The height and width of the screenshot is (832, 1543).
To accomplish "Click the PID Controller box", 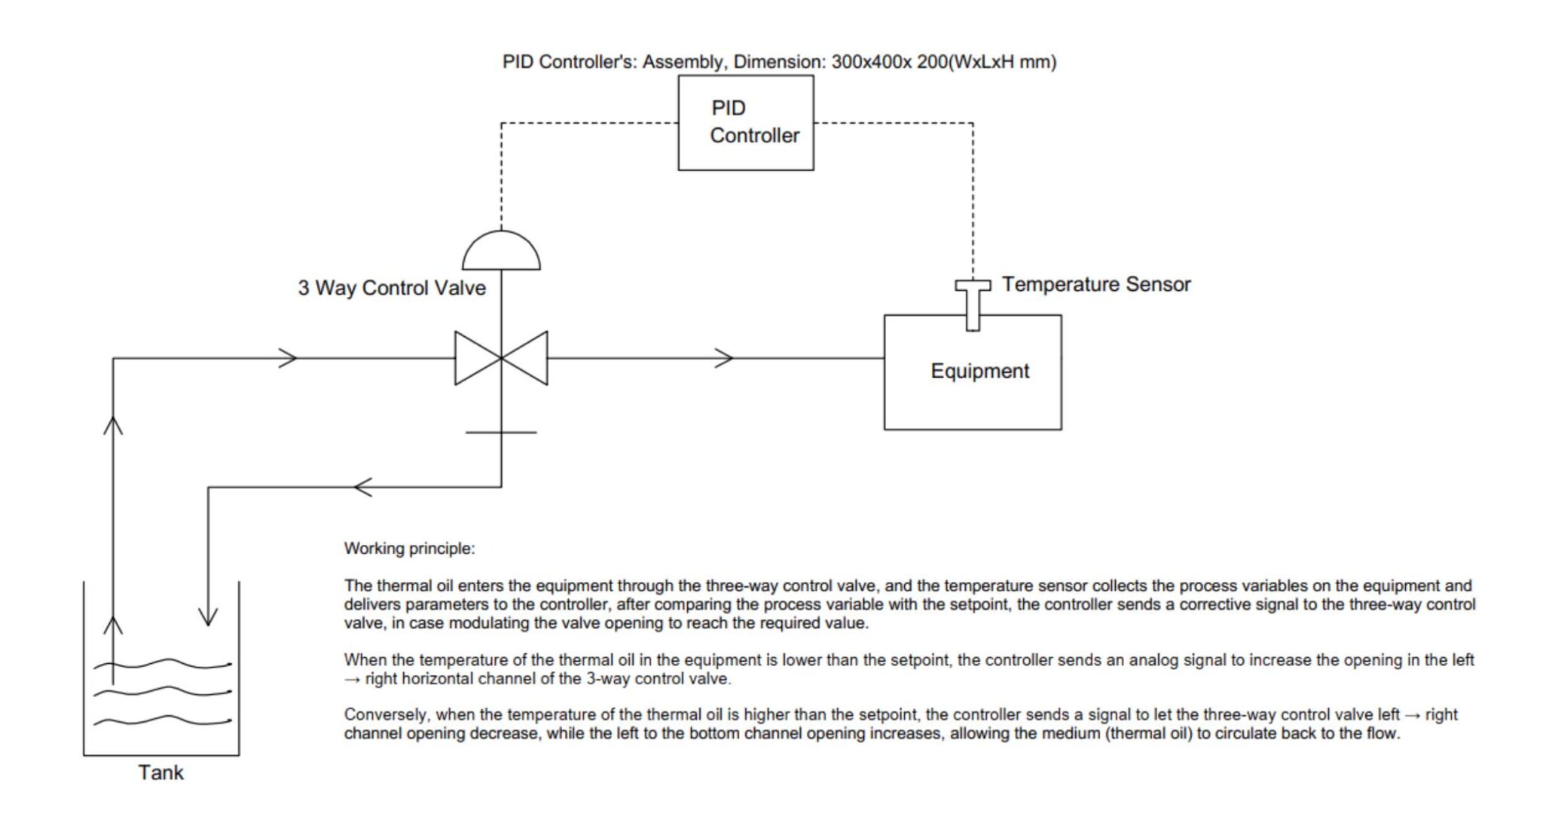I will [x=745, y=122].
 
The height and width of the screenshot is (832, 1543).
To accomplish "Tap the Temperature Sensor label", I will [x=1095, y=284].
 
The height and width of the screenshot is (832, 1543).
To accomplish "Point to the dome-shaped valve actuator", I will [x=501, y=253].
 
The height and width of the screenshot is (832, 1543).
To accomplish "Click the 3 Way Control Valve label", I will [x=391, y=288].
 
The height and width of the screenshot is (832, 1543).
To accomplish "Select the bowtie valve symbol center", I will [x=501, y=358].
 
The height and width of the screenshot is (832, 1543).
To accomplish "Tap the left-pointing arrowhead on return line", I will [x=362, y=487].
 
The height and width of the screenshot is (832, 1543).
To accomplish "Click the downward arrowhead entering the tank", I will [x=208, y=616].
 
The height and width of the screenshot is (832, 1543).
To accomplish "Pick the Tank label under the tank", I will [x=160, y=772].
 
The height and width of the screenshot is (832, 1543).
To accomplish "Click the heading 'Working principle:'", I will [x=409, y=549].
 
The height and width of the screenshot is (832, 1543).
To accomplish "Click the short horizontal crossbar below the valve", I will [x=501, y=433].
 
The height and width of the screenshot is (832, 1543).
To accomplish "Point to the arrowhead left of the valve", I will [x=288, y=358].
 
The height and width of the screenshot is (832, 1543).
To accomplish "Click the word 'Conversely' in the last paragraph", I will [x=385, y=714].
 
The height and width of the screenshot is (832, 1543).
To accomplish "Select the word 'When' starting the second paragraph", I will [x=365, y=660].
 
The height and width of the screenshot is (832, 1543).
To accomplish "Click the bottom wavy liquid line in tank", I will [x=162, y=721].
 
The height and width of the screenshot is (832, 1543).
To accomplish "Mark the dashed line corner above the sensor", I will [x=973, y=123].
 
